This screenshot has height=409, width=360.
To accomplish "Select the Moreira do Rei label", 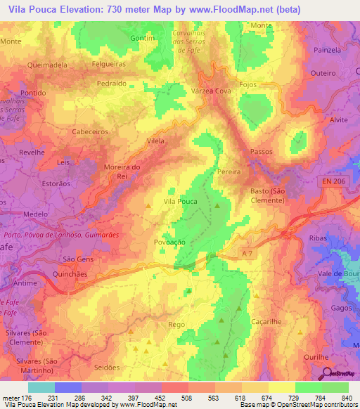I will [122, 171].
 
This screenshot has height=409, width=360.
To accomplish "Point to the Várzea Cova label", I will [211, 91].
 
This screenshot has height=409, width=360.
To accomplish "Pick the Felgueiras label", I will [93, 64].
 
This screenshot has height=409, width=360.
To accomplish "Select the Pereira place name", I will [229, 171].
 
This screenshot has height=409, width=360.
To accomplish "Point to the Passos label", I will [262, 152].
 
